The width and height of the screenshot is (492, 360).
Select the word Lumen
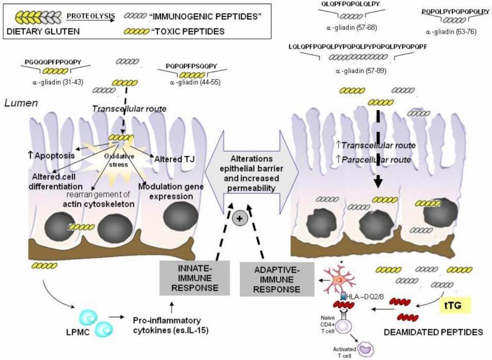point(19,103)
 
